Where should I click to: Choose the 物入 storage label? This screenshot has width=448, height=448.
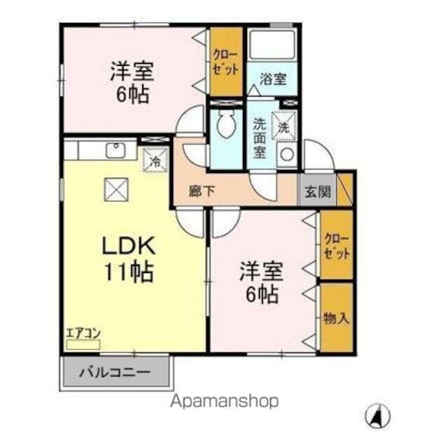point(336,318)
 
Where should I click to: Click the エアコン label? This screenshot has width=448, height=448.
point(82,334)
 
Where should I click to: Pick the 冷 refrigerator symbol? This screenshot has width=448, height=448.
point(156,160)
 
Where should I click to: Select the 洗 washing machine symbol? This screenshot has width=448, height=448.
point(283,127)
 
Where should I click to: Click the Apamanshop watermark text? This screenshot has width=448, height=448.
point(225,401)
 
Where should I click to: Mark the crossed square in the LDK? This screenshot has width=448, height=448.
point(114,188)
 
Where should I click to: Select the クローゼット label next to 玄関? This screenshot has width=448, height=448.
point(336,247)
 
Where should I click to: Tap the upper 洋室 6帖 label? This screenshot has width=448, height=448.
point(132,83)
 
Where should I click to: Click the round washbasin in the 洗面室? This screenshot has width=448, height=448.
point(286,156)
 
